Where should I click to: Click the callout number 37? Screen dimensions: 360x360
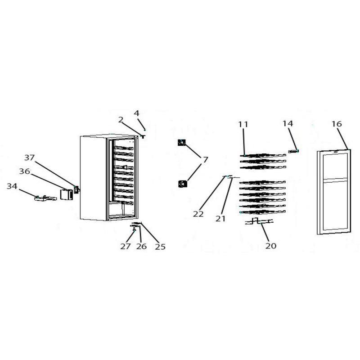pos(29,157)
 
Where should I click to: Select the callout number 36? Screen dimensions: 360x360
pos(24,171)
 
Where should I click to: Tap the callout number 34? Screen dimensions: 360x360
pos(12,186)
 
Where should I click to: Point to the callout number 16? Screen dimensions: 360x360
pos(337,124)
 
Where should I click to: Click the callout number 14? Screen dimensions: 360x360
pos(288,123)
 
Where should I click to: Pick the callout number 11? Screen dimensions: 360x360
pos(243,125)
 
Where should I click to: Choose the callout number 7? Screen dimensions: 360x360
pos(205,160)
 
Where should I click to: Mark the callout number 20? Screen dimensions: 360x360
pos(271,246)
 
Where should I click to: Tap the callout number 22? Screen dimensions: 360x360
pos(198,214)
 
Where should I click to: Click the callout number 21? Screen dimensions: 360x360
pos(220,219)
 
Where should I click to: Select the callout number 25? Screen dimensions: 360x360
pos(160,247)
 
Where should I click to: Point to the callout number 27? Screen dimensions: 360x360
pos(126,246)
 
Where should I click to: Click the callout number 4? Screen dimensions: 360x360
pos(137,113)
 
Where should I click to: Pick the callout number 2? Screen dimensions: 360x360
pos(121,120)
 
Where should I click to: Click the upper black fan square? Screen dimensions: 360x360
pos(182,143)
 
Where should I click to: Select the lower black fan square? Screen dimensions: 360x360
pos(183,184)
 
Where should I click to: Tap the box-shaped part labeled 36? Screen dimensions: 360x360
pos(66,194)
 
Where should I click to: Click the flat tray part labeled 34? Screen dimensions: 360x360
pos(46,198)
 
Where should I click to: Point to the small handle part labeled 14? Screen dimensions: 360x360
pos(293,151)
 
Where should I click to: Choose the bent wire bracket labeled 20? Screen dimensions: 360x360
pos(260,221)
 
